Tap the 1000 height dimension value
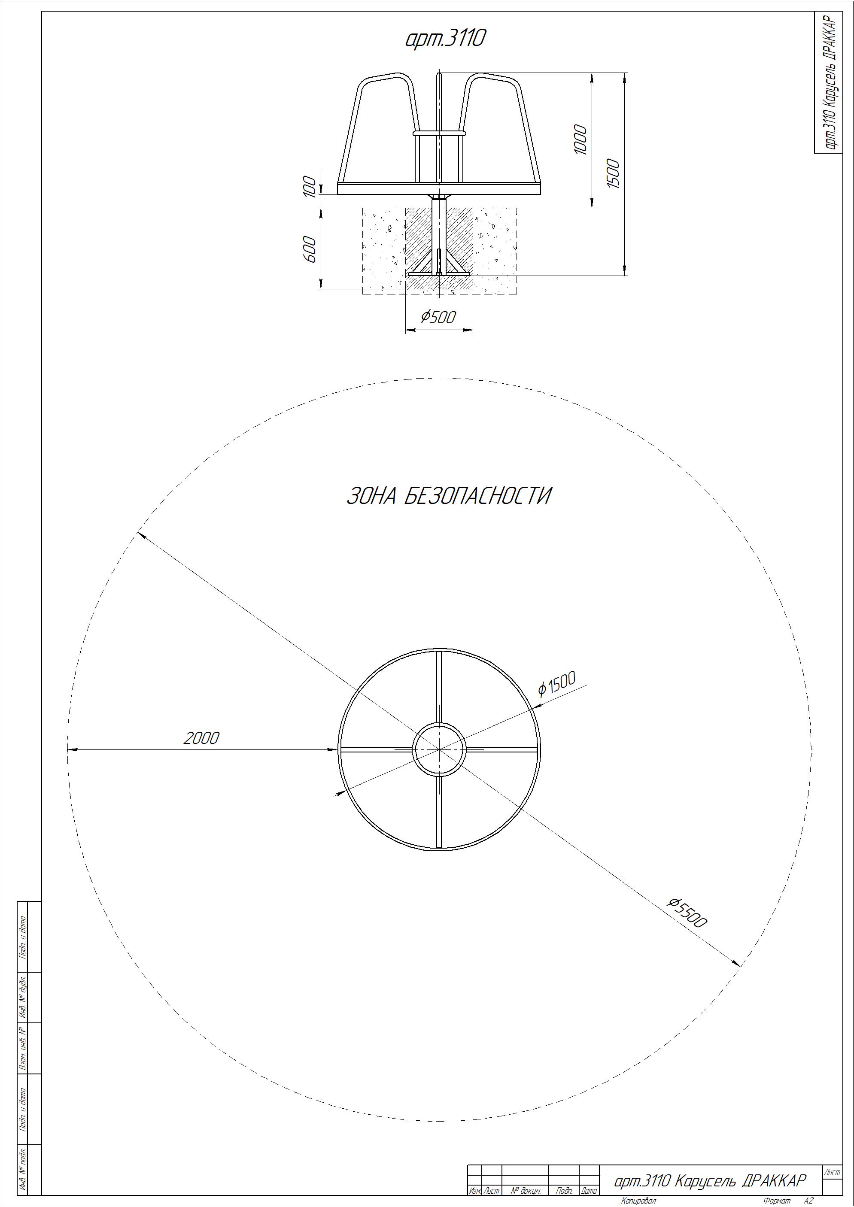[580, 140]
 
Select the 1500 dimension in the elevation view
[613, 173]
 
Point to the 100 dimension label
[311, 187]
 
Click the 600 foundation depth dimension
[310, 250]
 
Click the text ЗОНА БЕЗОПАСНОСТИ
[449, 496]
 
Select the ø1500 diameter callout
[557, 683]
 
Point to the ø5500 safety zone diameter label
[687, 913]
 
